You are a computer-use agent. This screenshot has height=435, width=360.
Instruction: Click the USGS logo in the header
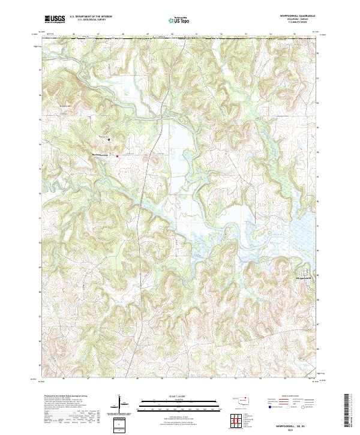(x=55, y=19)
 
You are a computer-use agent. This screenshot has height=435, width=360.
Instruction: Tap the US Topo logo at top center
(x=179, y=20)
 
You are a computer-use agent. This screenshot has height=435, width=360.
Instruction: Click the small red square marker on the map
(x=117, y=157)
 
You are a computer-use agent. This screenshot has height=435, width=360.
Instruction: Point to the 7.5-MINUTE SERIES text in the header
(x=292, y=23)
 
